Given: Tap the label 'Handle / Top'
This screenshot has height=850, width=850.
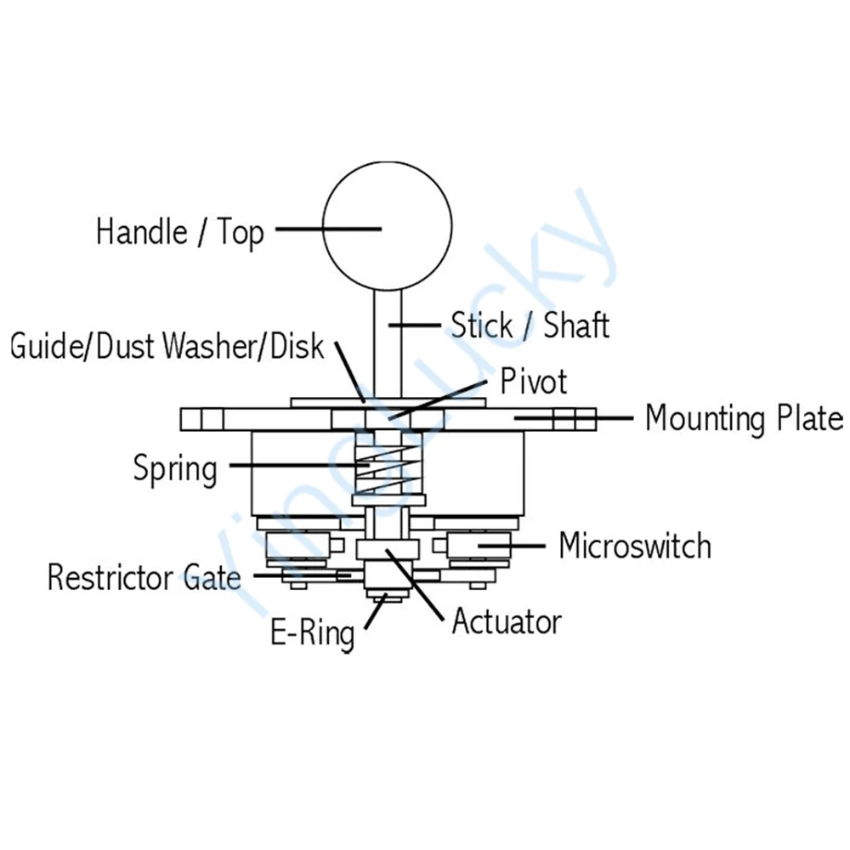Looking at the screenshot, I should pyautogui.click(x=179, y=231).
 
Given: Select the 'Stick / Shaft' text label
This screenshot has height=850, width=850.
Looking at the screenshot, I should pyautogui.click(x=530, y=325).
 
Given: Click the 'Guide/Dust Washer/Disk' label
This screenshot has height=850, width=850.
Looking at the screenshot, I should pyautogui.click(x=167, y=346).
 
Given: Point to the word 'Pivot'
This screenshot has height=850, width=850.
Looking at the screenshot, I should pyautogui.click(x=533, y=382).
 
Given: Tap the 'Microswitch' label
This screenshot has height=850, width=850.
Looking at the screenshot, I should pyautogui.click(x=634, y=546).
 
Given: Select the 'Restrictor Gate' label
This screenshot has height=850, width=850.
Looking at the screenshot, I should pyautogui.click(x=144, y=578).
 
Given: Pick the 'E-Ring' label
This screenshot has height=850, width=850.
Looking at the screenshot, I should pyautogui.click(x=312, y=633).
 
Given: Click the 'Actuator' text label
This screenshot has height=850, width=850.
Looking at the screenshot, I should pyautogui.click(x=507, y=621).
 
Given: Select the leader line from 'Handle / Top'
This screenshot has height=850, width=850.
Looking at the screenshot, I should pyautogui.click(x=326, y=229).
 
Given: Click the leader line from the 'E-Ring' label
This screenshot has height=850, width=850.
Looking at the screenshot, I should pyautogui.click(x=374, y=613).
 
